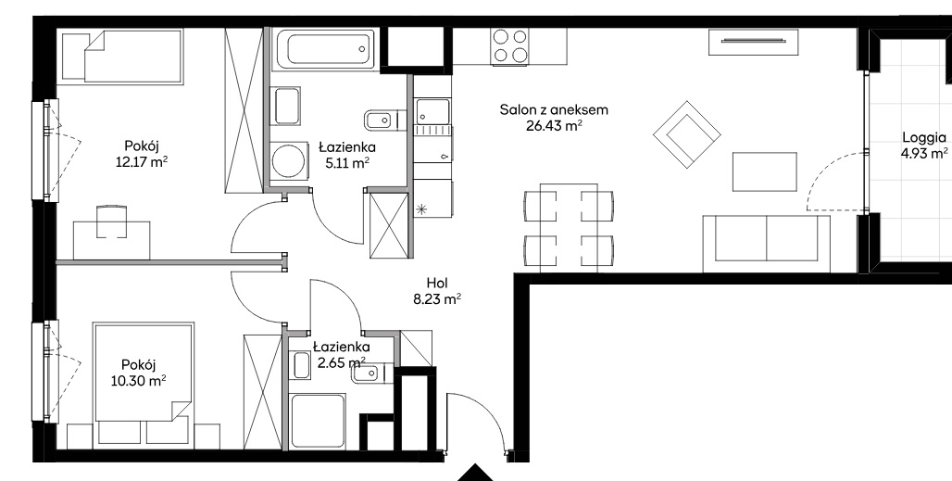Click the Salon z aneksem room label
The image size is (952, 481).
(554, 110)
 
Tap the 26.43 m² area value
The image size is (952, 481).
(554, 126)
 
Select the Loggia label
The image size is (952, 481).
(924, 137)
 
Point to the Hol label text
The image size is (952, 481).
(437, 283)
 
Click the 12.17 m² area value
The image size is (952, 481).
(142, 162)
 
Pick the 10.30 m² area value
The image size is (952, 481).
(138, 381)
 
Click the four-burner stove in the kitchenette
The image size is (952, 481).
(510, 46)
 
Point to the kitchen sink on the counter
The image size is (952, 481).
(432, 111)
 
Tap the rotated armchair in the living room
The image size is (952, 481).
(686, 134)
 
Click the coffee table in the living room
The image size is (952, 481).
(764, 171)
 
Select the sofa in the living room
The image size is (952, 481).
(766, 243)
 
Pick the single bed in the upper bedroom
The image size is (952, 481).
(122, 56)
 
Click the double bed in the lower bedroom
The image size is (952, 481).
(144, 371)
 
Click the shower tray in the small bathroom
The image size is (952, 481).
(319, 421)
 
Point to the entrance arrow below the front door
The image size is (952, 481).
(477, 473)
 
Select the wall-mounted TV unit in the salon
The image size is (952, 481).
(753, 42)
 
